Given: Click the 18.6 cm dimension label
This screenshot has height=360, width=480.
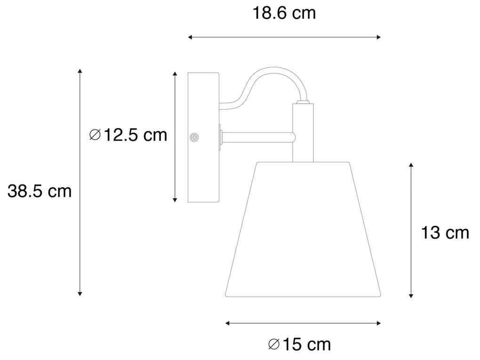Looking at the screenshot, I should [x=284, y=13].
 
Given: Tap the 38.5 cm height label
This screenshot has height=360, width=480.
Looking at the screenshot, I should [x=40, y=191].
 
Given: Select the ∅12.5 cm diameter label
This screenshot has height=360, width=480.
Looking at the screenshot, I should [x=128, y=135].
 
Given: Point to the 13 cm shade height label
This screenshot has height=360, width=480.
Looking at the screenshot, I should [x=445, y=232].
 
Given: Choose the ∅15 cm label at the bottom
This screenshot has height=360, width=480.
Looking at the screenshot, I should [x=300, y=344].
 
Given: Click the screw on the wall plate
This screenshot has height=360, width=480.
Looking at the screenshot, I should [x=193, y=137].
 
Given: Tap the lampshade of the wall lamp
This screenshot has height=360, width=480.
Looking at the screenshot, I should [x=303, y=231].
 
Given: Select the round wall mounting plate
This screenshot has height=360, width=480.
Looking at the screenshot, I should [x=203, y=137].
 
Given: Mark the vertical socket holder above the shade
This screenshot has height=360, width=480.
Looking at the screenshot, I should [x=302, y=132].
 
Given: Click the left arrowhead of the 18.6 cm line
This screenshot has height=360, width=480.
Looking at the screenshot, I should [x=190, y=37].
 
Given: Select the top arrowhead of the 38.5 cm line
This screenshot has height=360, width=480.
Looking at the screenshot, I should [x=80, y=71].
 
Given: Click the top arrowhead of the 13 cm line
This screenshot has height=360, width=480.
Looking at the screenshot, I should [x=411, y=165].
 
